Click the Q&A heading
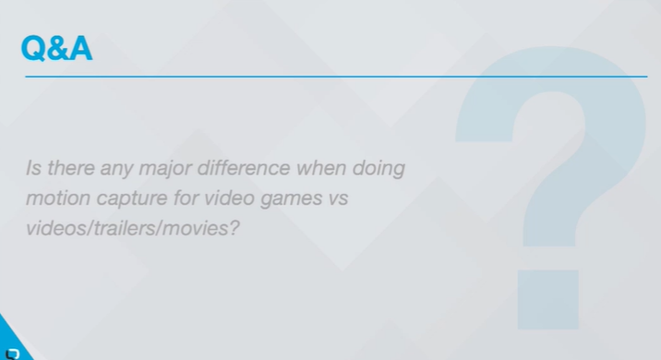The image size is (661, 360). [x=56, y=48]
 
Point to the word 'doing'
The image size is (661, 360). [x=379, y=170]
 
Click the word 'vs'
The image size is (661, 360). [x=337, y=198]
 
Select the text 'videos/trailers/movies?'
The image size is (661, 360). [x=133, y=227]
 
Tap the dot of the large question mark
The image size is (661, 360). [x=547, y=299]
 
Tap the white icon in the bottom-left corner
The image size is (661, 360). [x=13, y=352]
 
